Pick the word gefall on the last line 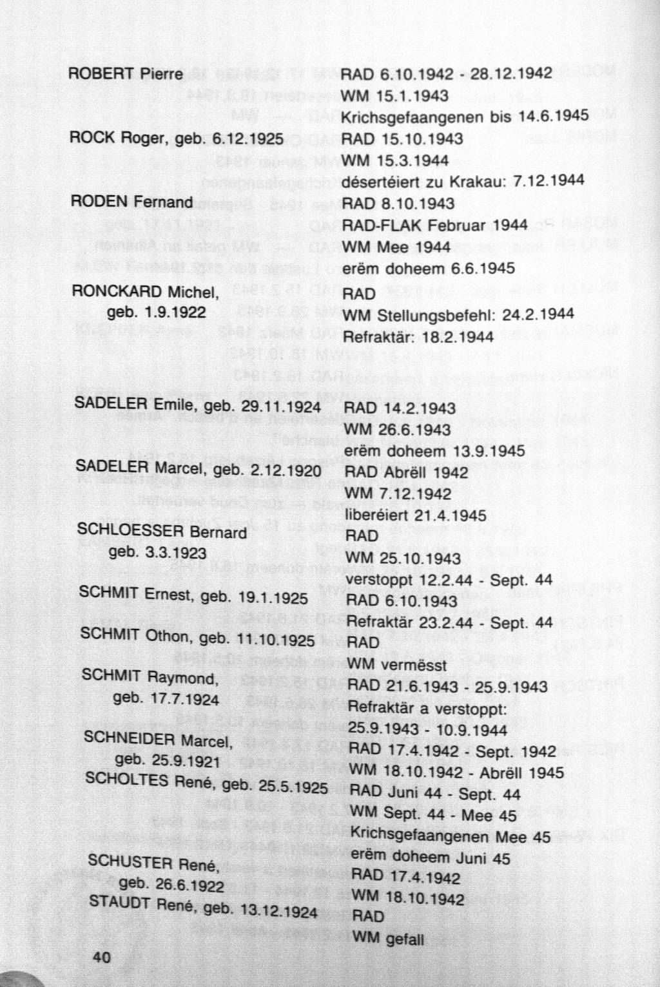(404, 940)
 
